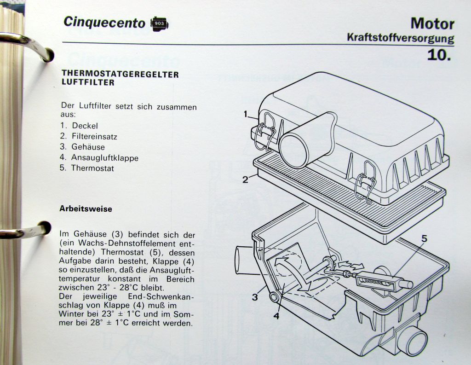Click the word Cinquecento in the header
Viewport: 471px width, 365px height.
tap(104, 23)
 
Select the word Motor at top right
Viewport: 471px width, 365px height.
tap(432, 23)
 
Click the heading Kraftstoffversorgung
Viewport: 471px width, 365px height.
tap(400, 38)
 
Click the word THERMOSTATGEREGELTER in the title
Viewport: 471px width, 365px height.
tap(120, 74)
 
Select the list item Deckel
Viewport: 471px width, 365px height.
tap(85, 126)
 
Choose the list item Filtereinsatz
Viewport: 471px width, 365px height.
tap(94, 136)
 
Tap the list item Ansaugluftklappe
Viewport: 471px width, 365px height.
tap(105, 157)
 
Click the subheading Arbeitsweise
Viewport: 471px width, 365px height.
tap(86, 209)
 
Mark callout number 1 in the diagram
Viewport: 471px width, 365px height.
tap(246, 113)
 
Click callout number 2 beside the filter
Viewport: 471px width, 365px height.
tap(246, 179)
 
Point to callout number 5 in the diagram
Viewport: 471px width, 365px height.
tap(424, 238)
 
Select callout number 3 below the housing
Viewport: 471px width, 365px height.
tap(255, 297)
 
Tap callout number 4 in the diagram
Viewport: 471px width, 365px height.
tap(276, 316)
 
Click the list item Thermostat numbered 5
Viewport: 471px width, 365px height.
tap(92, 168)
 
